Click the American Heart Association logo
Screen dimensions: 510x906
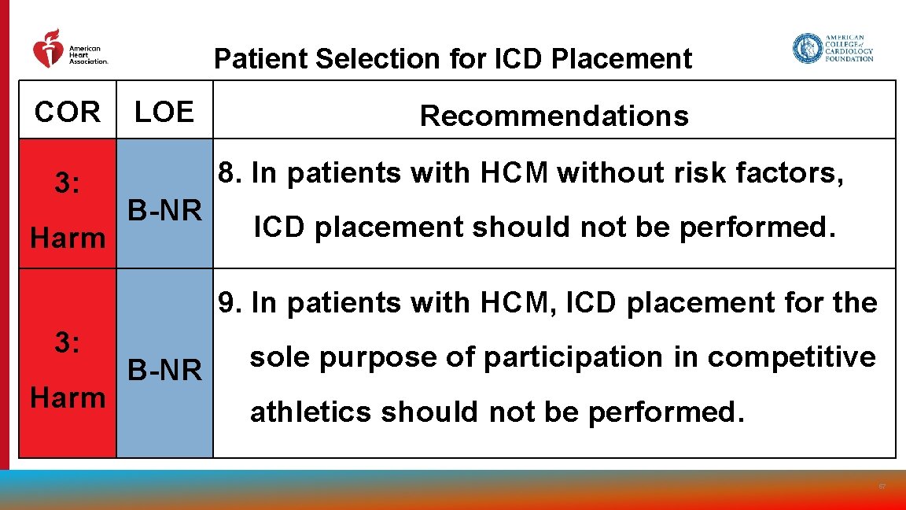click(69, 50)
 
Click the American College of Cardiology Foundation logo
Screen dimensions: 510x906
click(833, 48)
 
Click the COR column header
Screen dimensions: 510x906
click(68, 113)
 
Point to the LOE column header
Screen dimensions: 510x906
click(164, 113)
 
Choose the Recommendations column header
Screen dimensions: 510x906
click(554, 116)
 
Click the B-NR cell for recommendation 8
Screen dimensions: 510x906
click(165, 210)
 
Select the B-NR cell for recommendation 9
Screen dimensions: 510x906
click(165, 369)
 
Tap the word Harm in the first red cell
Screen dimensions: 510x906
click(68, 237)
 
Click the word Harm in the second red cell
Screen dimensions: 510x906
click(68, 397)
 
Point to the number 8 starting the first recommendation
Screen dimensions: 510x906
click(228, 172)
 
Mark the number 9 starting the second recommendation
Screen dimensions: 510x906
click(228, 302)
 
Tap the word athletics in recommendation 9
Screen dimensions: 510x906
click(310, 412)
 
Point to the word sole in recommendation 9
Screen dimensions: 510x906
click(280, 357)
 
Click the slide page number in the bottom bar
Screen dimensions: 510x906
click(882, 487)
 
